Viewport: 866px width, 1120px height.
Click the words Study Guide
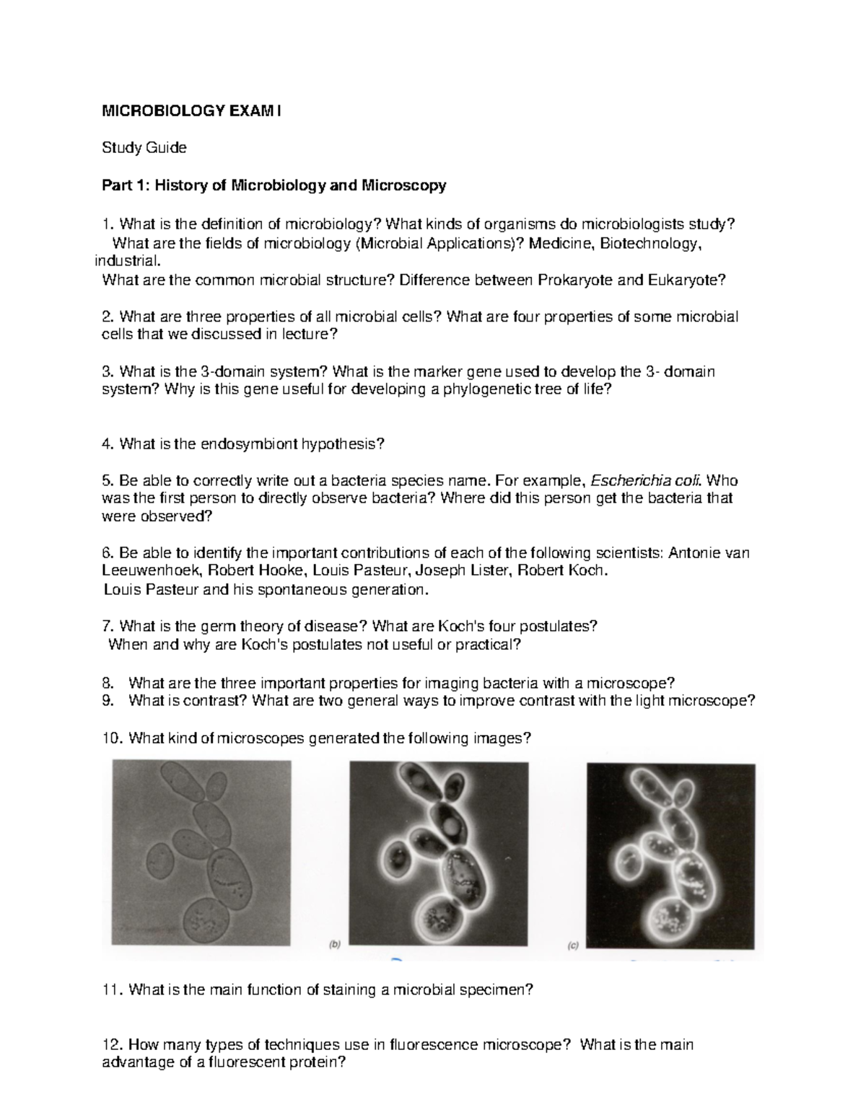click(x=144, y=148)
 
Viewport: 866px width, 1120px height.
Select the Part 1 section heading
click(x=274, y=185)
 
